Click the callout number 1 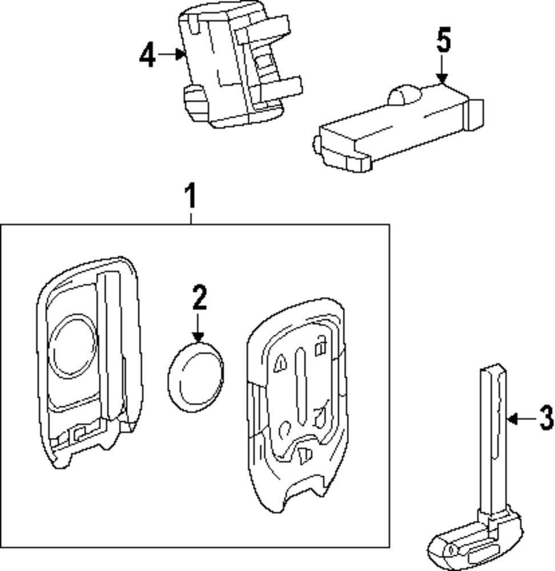pyautogui.click(x=191, y=196)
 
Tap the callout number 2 pyautogui.click(x=199, y=297)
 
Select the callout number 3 pyautogui.click(x=546, y=419)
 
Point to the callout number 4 pyautogui.click(x=147, y=55)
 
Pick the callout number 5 pyautogui.click(x=444, y=42)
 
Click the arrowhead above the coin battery pyautogui.click(x=198, y=337)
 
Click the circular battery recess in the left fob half pyautogui.click(x=73, y=346)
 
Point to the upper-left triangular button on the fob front pyautogui.click(x=280, y=364)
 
